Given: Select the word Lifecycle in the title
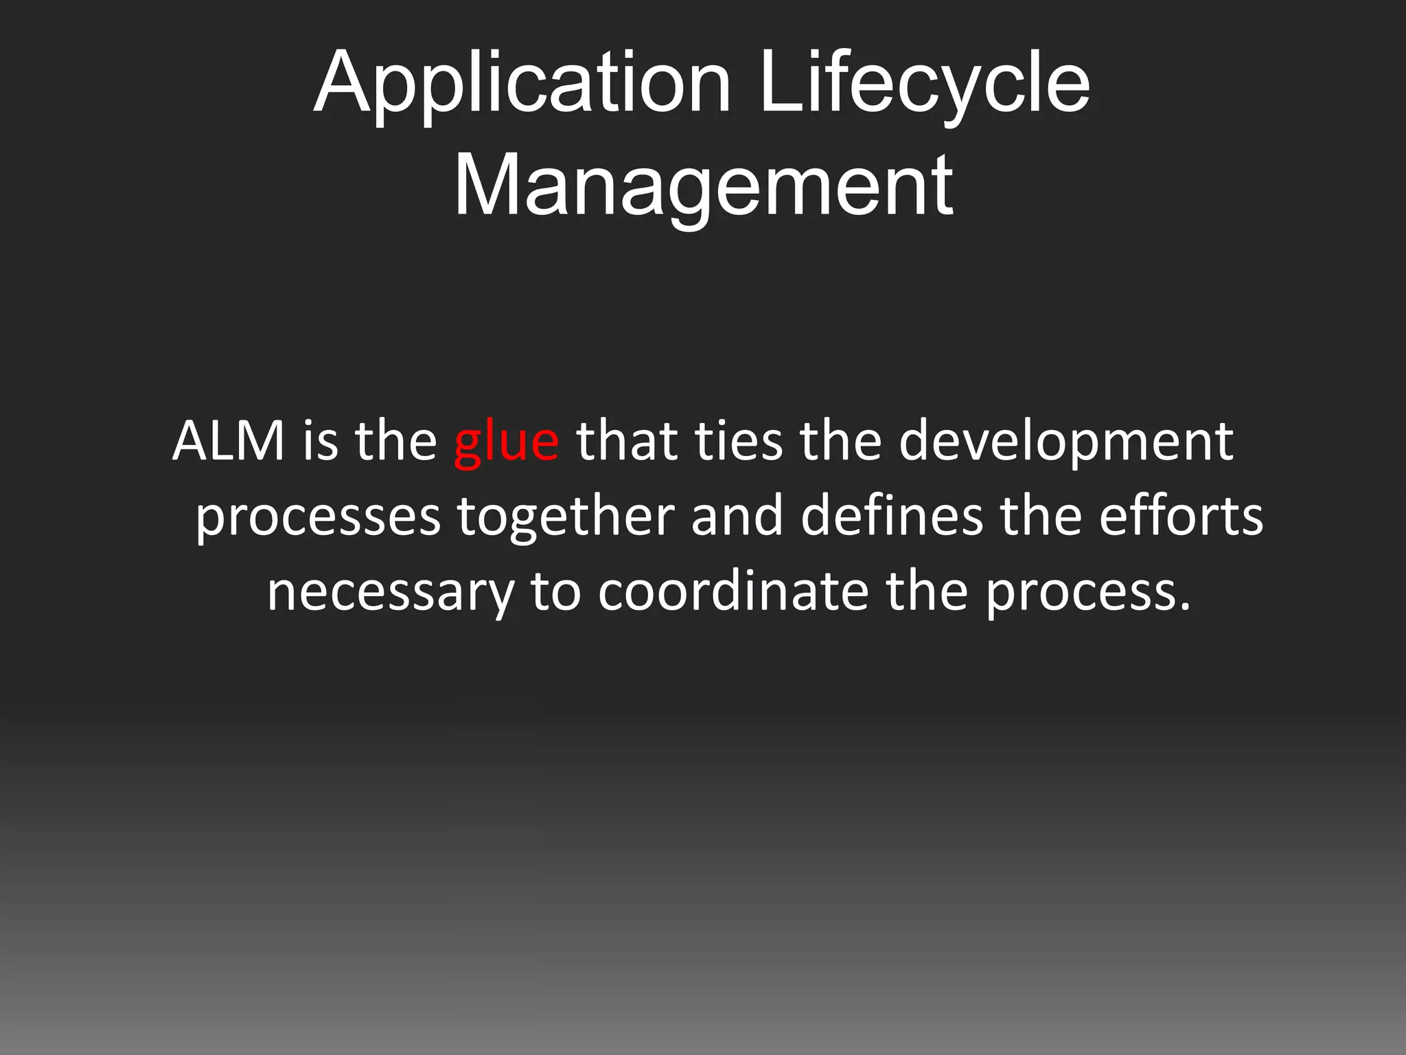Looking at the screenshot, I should coord(924,84).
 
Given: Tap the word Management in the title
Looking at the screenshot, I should coord(703,185).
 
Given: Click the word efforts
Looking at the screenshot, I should coord(1181,516).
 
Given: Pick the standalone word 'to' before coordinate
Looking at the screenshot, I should coord(555,591).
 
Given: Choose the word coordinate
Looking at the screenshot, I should coord(733,591).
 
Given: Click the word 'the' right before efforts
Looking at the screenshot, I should coord(1041,516).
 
